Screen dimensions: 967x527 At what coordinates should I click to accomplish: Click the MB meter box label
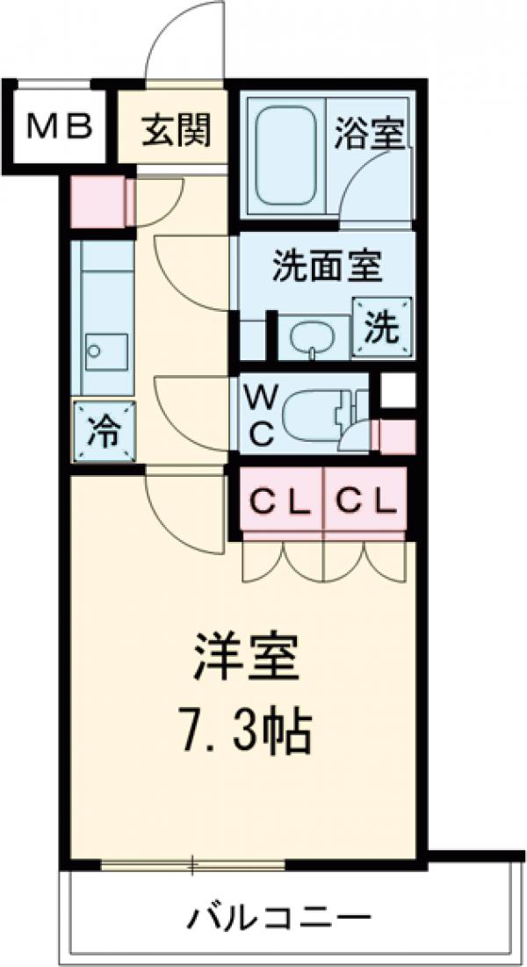click(59, 129)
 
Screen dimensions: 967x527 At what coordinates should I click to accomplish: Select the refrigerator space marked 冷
click(105, 431)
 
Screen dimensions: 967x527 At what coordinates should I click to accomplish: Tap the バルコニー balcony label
click(277, 920)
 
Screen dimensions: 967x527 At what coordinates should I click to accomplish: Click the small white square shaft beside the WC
click(397, 391)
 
